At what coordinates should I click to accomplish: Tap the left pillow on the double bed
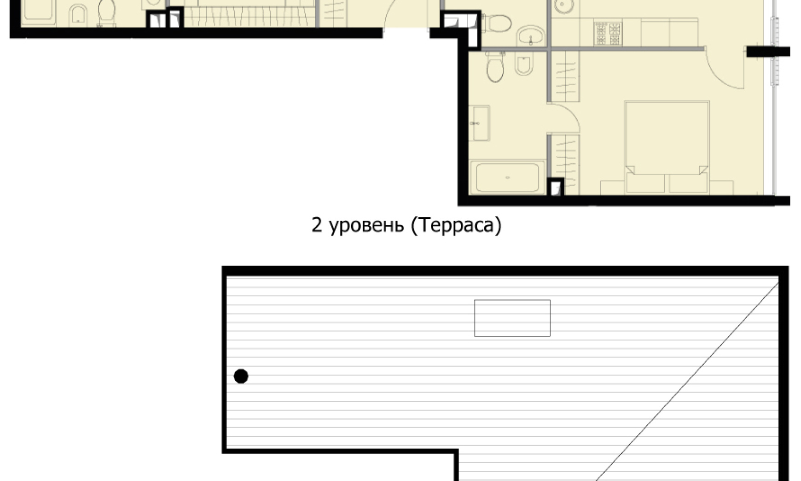tap(645, 182)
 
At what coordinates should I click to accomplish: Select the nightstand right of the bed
tap(721, 187)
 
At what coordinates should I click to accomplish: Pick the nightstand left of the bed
tap(612, 187)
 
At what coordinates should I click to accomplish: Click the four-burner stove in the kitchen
tap(608, 33)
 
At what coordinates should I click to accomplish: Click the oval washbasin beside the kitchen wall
tap(531, 35)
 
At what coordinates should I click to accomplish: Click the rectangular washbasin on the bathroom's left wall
tap(479, 123)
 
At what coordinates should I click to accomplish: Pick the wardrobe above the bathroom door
tap(564, 76)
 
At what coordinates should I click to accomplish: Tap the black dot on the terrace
tap(241, 376)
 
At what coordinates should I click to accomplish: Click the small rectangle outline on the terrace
tap(512, 318)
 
